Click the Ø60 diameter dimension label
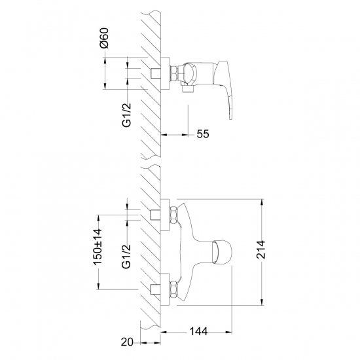(104, 38)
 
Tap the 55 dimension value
(203, 134)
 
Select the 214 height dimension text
(261, 249)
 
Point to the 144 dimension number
(198, 331)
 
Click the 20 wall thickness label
(127, 342)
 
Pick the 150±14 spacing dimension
(97, 247)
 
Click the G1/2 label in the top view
(126, 115)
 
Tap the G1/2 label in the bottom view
(126, 257)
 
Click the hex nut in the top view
(174, 73)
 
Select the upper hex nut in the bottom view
(173, 215)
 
